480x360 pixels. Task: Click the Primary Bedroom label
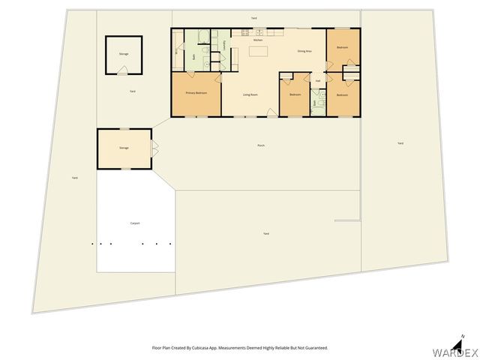click(196, 94)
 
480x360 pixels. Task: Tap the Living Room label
click(250, 94)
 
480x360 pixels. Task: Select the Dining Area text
click(304, 51)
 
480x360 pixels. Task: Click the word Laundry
click(225, 45)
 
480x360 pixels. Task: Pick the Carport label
click(135, 223)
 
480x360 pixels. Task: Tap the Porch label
click(261, 145)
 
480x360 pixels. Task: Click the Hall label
click(318, 81)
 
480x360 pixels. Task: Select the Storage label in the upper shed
click(123, 54)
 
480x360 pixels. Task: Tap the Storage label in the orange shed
click(124, 148)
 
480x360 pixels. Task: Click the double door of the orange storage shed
click(154, 148)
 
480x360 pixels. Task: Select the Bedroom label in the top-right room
click(342, 48)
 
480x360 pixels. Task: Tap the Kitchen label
click(258, 40)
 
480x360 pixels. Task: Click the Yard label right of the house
click(400, 143)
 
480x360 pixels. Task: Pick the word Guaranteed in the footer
click(313, 348)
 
